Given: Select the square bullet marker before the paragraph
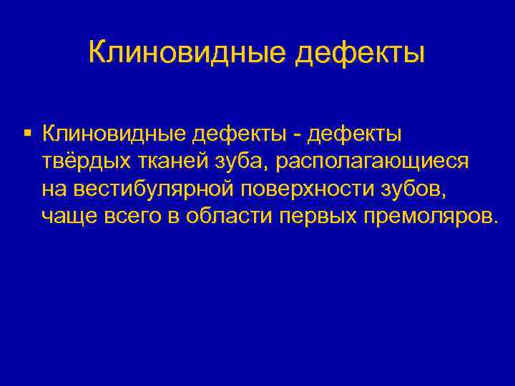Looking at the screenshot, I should pyautogui.click(x=26, y=132).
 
